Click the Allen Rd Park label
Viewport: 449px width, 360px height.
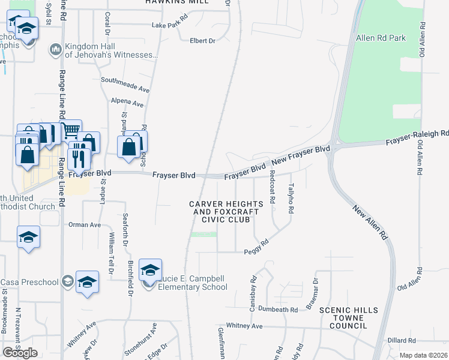point(381,38)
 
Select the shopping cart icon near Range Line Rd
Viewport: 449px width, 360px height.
point(71,129)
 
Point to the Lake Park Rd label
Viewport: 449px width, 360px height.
point(170,26)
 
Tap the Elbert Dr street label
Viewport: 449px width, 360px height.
point(202,41)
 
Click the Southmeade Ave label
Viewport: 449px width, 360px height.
point(125,83)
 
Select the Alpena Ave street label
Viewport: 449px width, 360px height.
point(127,103)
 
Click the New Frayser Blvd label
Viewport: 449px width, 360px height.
point(301,155)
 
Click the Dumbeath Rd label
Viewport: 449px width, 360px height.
point(279,310)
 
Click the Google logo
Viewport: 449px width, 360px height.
point(20,352)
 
